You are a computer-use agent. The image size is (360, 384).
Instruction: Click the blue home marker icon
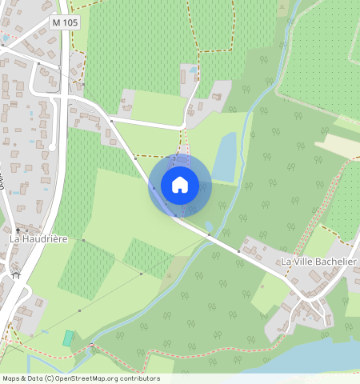click(x=180, y=185)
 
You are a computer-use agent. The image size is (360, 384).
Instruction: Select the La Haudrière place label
click(x=39, y=238)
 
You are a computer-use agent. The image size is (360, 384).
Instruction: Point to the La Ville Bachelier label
click(x=318, y=262)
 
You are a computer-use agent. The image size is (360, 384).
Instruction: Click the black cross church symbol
click(x=18, y=230)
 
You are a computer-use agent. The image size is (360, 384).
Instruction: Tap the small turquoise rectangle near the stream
click(x=68, y=338)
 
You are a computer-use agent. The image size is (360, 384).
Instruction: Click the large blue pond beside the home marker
click(x=225, y=157)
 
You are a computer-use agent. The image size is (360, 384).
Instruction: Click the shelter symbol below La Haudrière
click(x=15, y=274)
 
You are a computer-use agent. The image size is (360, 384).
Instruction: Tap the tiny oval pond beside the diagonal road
click(x=209, y=226)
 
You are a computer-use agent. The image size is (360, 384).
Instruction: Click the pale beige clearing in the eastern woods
click(x=336, y=145)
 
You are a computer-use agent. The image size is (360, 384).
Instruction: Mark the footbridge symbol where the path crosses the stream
click(x=91, y=347)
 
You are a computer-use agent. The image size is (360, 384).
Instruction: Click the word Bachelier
click(x=336, y=262)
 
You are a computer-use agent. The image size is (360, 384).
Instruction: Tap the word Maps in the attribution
click(x=11, y=378)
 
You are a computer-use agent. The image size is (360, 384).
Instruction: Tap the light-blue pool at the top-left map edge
click(x=6, y=37)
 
